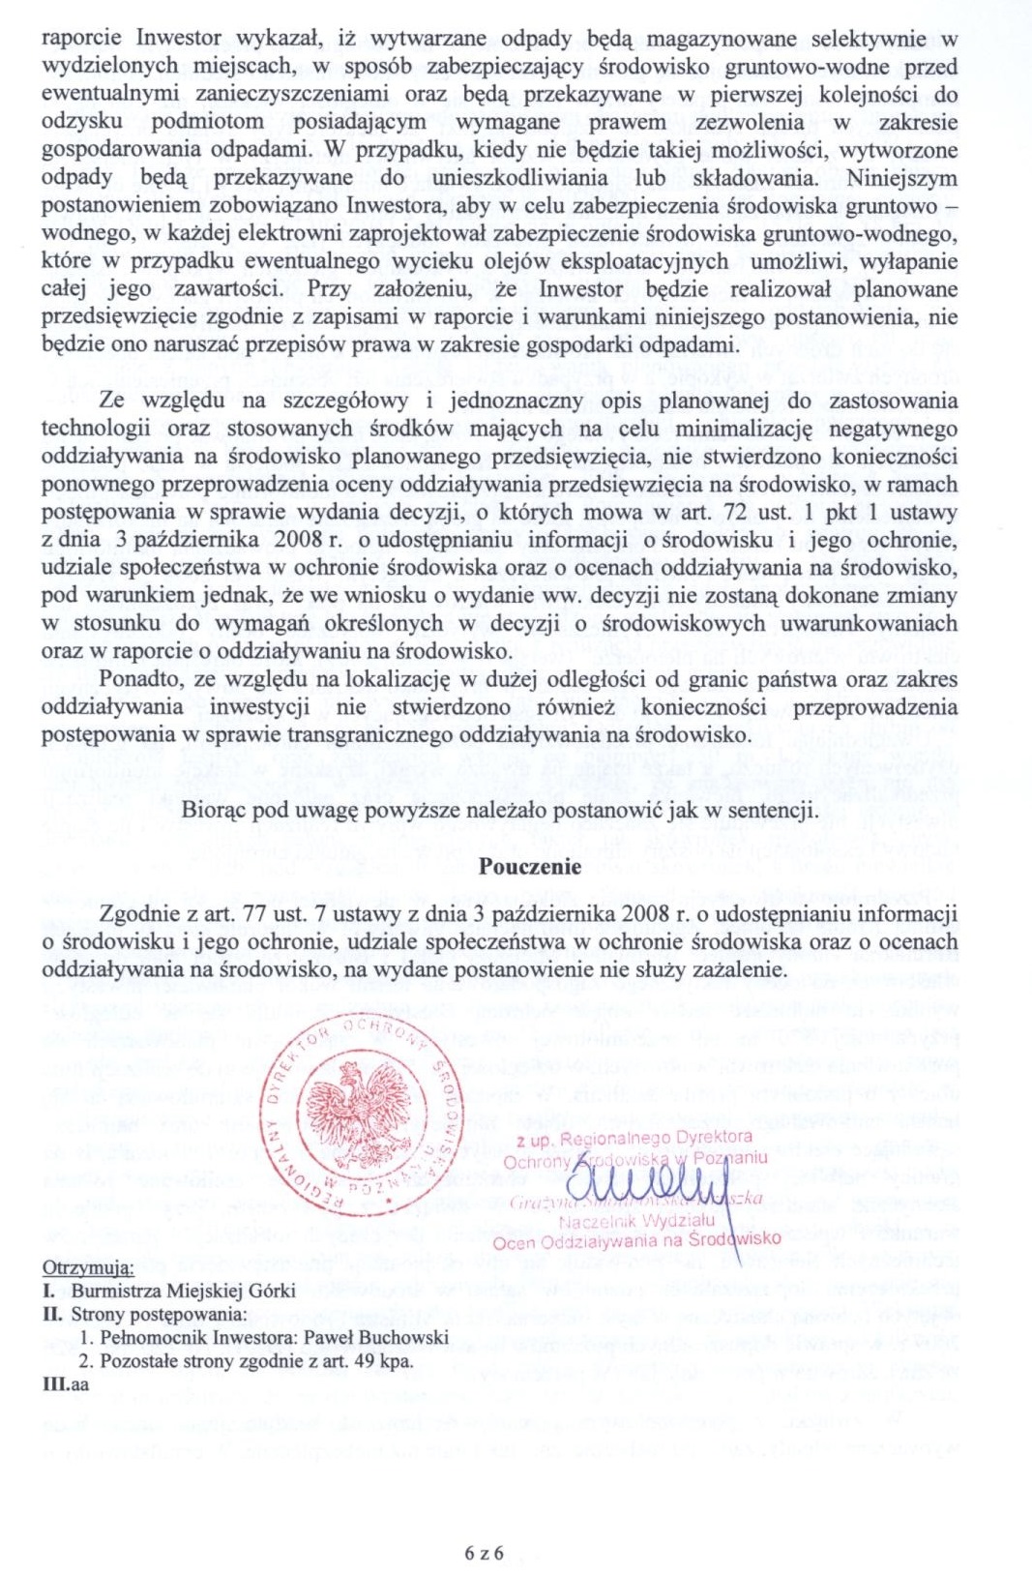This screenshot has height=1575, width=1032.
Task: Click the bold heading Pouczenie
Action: click(x=529, y=867)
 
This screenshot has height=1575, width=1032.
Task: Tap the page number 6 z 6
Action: click(x=485, y=1554)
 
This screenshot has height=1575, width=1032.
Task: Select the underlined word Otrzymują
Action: click(x=88, y=1268)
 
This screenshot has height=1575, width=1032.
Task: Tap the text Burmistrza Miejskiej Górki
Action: click(x=183, y=1291)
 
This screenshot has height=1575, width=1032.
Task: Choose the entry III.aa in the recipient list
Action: click(x=66, y=1384)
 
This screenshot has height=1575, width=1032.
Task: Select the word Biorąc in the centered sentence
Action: click(x=211, y=811)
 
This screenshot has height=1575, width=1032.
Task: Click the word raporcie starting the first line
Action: click(x=81, y=39)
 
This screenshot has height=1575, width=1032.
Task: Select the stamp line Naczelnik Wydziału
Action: click(x=636, y=1221)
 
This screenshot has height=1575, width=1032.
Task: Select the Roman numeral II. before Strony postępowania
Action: click(x=52, y=1315)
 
